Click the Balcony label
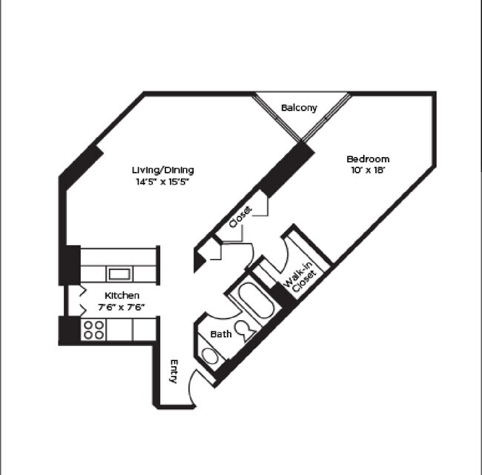(x=299, y=108)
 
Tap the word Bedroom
(x=368, y=159)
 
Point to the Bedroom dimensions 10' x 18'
(x=368, y=170)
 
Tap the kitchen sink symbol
(x=119, y=273)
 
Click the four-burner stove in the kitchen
(x=93, y=330)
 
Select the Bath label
(x=221, y=334)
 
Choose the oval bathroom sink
(x=211, y=357)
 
